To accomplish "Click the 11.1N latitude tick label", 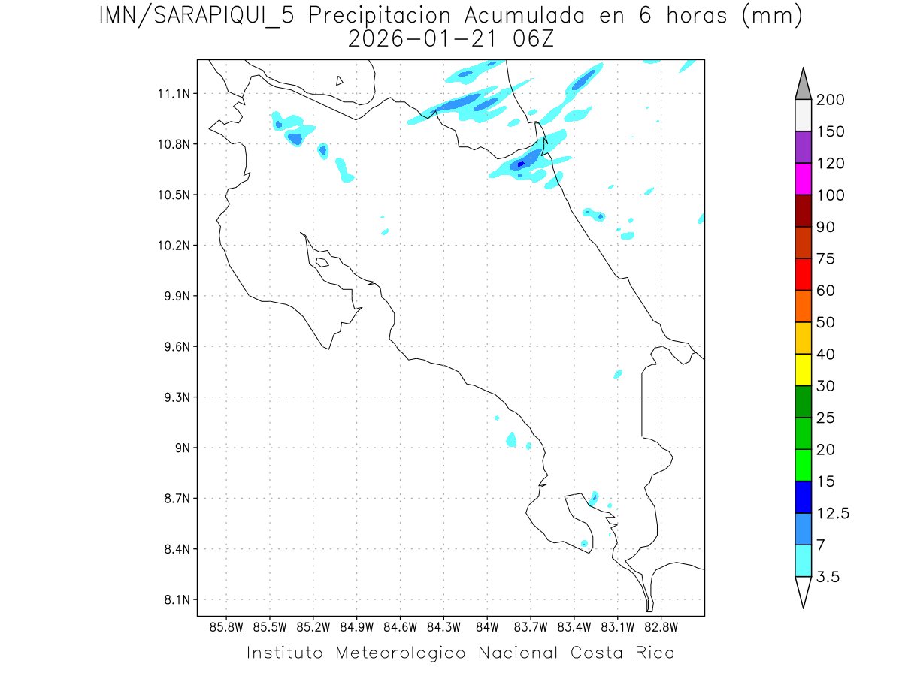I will [x=171, y=94].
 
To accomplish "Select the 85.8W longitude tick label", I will [x=226, y=626].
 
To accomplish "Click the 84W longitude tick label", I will [x=487, y=626].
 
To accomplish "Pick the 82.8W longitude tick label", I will [x=661, y=626].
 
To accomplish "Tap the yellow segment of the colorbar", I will [x=803, y=370].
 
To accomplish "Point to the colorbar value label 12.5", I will [x=833, y=514].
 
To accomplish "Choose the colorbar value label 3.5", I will [x=828, y=577].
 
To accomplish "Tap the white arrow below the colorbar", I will [x=803, y=591].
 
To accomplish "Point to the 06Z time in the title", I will [x=531, y=39].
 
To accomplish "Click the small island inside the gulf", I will [x=322, y=262].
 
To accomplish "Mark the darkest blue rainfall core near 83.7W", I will [x=520, y=164].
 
